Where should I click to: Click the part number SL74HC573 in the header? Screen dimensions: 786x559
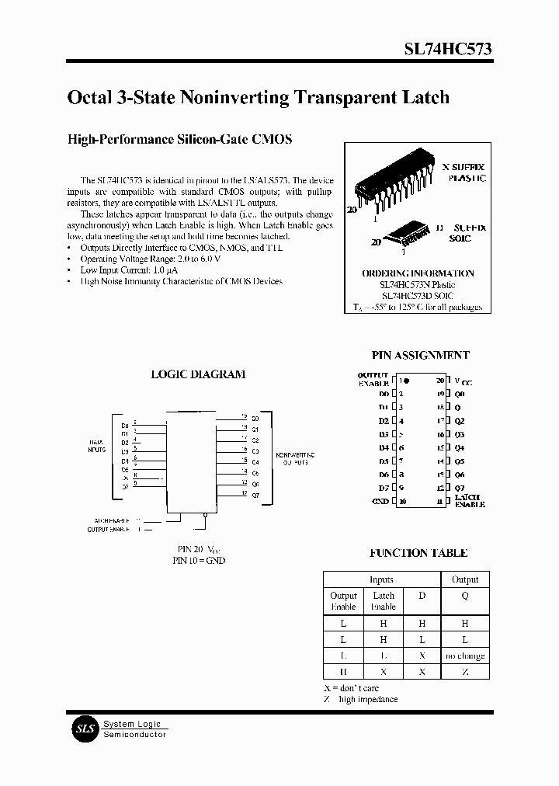coord(446,48)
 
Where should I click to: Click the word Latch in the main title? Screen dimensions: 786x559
coord(424,98)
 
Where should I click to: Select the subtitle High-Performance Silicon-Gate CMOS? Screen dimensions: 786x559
coord(180,140)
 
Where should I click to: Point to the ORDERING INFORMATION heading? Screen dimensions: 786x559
coord(418,273)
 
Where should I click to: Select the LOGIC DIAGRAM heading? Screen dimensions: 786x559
coord(198,374)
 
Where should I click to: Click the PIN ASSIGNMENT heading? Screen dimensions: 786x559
coord(420,355)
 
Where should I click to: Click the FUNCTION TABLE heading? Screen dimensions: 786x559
coord(418,553)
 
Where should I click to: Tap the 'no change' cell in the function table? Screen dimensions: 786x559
coord(464,656)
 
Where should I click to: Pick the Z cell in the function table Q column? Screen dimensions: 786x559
coord(464,671)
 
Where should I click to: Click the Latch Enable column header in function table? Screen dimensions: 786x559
coord(384,601)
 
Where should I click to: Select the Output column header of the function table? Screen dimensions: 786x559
coord(464,579)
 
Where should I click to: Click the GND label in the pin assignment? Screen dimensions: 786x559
coord(380,502)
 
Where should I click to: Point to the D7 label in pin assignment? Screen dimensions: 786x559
coord(384,488)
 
